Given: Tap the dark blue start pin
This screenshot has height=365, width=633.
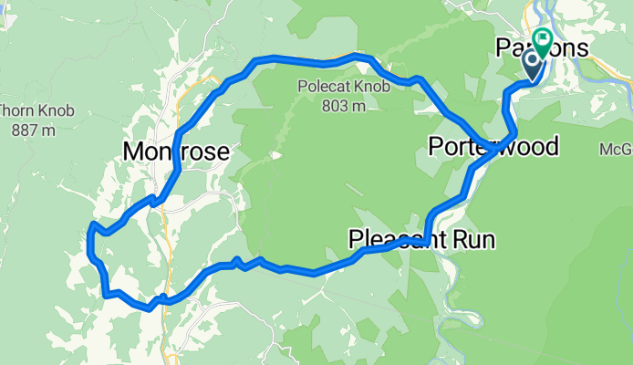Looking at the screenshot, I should click(x=532, y=64).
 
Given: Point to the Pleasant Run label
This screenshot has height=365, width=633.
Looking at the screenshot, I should click(x=421, y=240).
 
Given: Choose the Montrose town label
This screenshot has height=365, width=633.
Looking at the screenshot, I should click(x=175, y=151).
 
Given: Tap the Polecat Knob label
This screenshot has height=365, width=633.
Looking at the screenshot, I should click(x=332, y=88).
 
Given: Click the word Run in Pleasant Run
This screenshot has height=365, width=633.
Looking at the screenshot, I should click(x=475, y=240).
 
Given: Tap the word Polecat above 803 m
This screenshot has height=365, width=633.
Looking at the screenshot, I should click(x=316, y=88).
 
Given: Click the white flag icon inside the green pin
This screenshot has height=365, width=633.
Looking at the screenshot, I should click(x=543, y=39).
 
